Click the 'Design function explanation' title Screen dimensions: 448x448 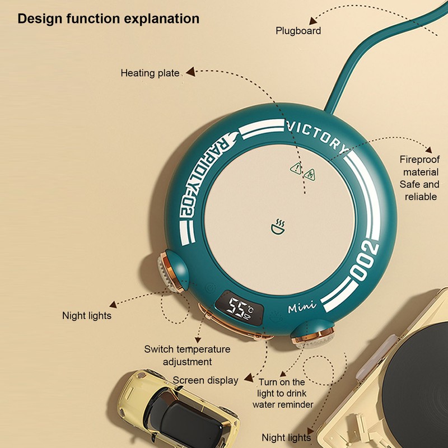point(109,19)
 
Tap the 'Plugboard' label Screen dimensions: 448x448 point(298,31)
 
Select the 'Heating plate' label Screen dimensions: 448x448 point(150,73)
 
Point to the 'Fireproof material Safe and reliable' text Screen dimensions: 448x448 point(419,178)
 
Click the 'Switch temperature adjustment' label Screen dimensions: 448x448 point(187,356)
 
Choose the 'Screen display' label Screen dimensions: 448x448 point(206,380)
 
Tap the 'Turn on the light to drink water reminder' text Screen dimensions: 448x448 point(283,393)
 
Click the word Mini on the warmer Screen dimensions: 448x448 point(302,307)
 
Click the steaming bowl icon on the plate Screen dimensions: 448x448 point(278,227)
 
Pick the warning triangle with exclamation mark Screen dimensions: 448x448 point(296,169)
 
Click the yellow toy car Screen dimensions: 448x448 point(179,409)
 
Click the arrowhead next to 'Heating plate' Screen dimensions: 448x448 point(190,72)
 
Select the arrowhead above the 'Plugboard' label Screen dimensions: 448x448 point(313,21)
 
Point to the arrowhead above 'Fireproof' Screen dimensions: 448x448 point(428,150)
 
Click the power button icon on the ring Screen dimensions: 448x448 point(211,287)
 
